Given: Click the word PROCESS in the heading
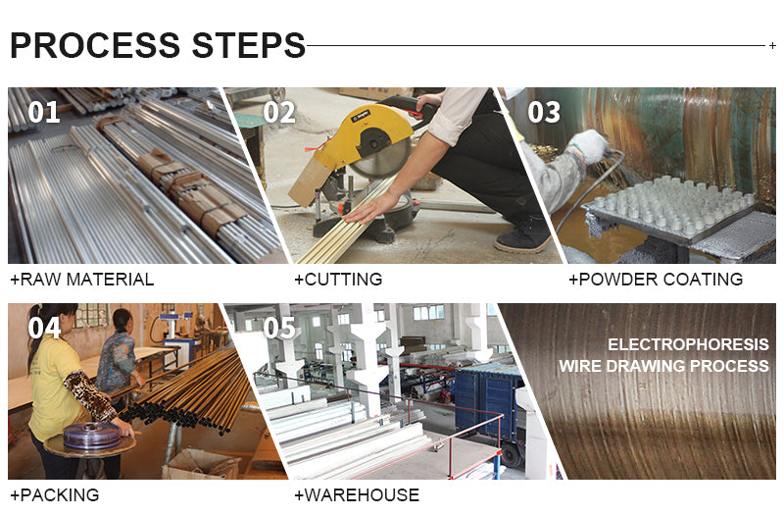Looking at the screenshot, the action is (95, 45).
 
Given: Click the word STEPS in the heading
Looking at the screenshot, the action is (249, 45).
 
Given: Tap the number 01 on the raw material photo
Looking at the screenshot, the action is (44, 112).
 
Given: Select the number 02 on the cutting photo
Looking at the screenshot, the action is (279, 112).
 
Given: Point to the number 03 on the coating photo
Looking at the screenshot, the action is (544, 112).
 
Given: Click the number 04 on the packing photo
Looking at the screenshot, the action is (44, 329).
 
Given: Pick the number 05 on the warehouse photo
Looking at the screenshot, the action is (280, 329).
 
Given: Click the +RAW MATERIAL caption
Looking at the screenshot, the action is (82, 280).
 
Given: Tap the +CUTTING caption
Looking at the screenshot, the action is (338, 280).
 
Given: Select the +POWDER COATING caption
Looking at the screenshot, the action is (656, 280).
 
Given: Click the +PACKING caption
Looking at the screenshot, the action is (55, 495).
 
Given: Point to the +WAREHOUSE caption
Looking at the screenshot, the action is (357, 495).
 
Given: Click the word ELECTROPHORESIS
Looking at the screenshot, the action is (688, 344).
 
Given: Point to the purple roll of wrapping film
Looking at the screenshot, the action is (91, 436).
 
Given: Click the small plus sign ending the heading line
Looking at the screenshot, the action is (772, 45).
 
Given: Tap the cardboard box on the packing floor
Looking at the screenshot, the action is (202, 465).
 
